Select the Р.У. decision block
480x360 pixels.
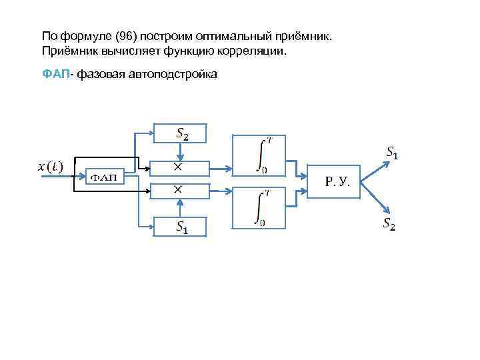pos(332,181)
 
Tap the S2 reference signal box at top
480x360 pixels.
pos(181,133)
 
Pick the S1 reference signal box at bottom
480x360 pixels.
pos(181,227)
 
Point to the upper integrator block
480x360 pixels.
pos(259,155)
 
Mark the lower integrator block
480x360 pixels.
pos(259,208)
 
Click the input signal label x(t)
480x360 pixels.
pos(49,167)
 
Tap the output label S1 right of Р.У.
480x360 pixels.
pos(393,153)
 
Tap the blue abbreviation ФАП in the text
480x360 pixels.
pos(55,74)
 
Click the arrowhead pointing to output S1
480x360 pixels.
pos(383,162)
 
